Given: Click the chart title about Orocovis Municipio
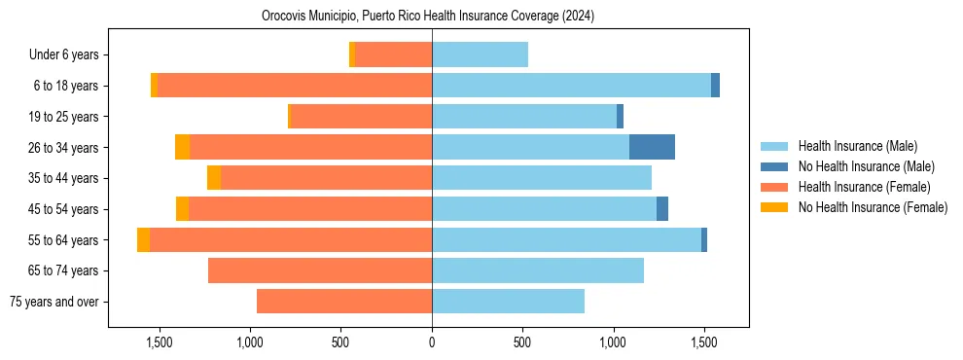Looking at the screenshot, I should click(x=428, y=17).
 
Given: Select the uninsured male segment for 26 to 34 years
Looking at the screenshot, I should click(x=652, y=147).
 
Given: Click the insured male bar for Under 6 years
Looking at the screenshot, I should click(x=480, y=54).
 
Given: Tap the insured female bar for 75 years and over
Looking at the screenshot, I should click(x=344, y=302).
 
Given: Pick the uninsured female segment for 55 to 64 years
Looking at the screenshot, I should click(x=144, y=239).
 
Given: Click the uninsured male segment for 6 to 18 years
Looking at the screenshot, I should click(x=716, y=86).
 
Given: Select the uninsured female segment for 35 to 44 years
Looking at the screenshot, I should click(x=214, y=178).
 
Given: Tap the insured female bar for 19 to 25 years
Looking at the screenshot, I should click(x=362, y=117).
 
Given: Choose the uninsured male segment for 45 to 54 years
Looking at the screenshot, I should click(x=662, y=209).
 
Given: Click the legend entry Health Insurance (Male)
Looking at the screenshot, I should click(x=857, y=146).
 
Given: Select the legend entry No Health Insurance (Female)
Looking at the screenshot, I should click(x=873, y=207).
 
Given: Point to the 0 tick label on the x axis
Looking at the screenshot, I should click(x=432, y=342).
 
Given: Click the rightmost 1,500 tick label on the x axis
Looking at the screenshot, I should click(x=704, y=342).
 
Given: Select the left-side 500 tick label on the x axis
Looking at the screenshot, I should click(x=340, y=342).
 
